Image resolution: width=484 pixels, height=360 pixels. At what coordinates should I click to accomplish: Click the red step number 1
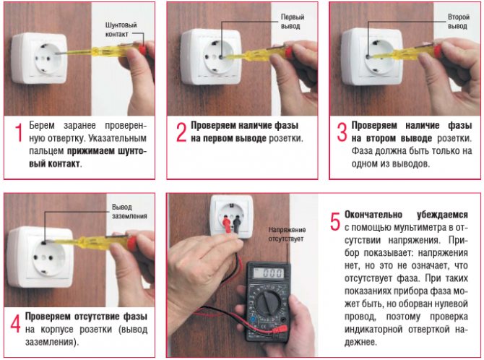click(19, 133)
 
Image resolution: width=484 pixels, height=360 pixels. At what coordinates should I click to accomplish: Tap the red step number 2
click(181, 133)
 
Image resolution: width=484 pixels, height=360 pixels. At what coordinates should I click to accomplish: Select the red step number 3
click(342, 132)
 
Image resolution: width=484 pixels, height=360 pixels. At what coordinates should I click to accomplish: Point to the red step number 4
click(15, 324)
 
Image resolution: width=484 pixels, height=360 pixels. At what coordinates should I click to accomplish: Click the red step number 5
click(335, 221)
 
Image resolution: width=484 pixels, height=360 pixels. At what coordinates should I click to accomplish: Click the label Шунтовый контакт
click(121, 30)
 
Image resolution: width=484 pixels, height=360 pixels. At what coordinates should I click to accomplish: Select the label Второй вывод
click(459, 22)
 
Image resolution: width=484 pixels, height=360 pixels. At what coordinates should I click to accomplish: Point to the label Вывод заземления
click(129, 212)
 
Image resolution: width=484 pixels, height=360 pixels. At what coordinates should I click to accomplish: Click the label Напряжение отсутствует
click(287, 234)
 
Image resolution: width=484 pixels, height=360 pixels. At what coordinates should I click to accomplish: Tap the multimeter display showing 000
click(268, 273)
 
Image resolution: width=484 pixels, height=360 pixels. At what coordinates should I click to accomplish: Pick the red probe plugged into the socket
click(227, 225)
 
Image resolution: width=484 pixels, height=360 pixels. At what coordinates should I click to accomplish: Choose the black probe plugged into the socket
click(236, 224)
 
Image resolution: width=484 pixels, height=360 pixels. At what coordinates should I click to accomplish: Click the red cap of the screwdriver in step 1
click(142, 48)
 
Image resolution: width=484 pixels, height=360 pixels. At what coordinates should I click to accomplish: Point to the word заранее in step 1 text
click(79, 126)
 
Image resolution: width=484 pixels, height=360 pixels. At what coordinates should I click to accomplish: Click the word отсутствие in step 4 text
click(97, 317)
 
